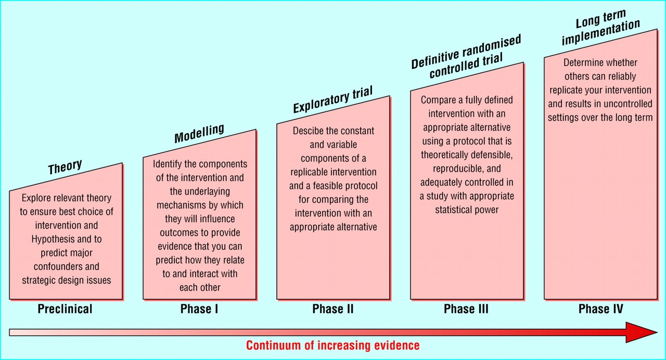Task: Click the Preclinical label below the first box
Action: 65,309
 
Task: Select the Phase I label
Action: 199,309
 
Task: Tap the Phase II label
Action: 333,309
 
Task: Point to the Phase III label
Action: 466,309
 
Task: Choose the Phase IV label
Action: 600,309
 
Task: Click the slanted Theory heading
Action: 65,167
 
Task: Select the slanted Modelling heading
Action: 199,133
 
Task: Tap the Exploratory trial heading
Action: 333,100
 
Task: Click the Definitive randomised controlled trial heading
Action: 466,60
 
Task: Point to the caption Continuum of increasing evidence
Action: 333,345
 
